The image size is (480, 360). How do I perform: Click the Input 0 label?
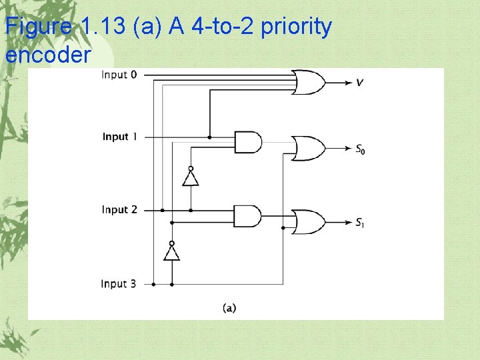[x=119, y=75]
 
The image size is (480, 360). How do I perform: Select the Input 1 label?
[x=120, y=137]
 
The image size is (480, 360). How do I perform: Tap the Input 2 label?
[x=119, y=209]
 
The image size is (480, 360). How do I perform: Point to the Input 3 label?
[x=119, y=284]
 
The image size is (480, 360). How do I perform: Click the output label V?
[x=360, y=83]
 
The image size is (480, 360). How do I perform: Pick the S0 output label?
[x=360, y=149]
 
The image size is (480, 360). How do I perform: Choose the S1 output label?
[x=360, y=222]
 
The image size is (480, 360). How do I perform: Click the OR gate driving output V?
[x=309, y=82]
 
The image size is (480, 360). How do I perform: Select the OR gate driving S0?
[x=309, y=148]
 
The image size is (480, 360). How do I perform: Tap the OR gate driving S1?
[x=309, y=221]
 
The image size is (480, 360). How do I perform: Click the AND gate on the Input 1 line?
[x=247, y=141]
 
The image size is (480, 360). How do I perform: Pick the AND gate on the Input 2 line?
[x=247, y=215]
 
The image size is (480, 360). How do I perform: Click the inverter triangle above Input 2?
[x=191, y=178]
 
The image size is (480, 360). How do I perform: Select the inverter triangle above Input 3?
[x=172, y=252]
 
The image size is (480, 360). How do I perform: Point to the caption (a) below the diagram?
[x=229, y=307]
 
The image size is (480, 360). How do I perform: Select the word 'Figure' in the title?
[x=39, y=27]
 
